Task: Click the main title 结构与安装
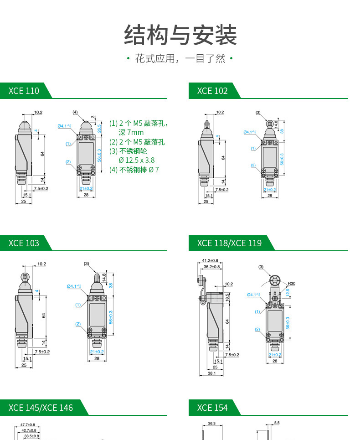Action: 180,36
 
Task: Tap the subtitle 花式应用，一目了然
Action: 180,59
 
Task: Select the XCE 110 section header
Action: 24,91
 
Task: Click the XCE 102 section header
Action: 212,91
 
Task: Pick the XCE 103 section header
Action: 24,243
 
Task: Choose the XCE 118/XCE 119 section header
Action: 229,243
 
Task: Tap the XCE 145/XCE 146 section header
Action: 41,408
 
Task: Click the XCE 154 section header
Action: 212,408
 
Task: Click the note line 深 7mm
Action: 131,133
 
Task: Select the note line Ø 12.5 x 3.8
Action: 136,160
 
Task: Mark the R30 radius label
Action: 292,284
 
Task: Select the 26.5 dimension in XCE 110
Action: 99,129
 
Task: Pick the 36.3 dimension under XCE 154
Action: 211,424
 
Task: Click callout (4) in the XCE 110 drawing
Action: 75,112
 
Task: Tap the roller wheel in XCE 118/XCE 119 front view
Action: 274,280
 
